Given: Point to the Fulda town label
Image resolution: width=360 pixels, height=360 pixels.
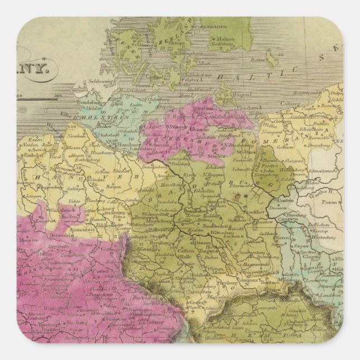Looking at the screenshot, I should (x=101, y=306).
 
